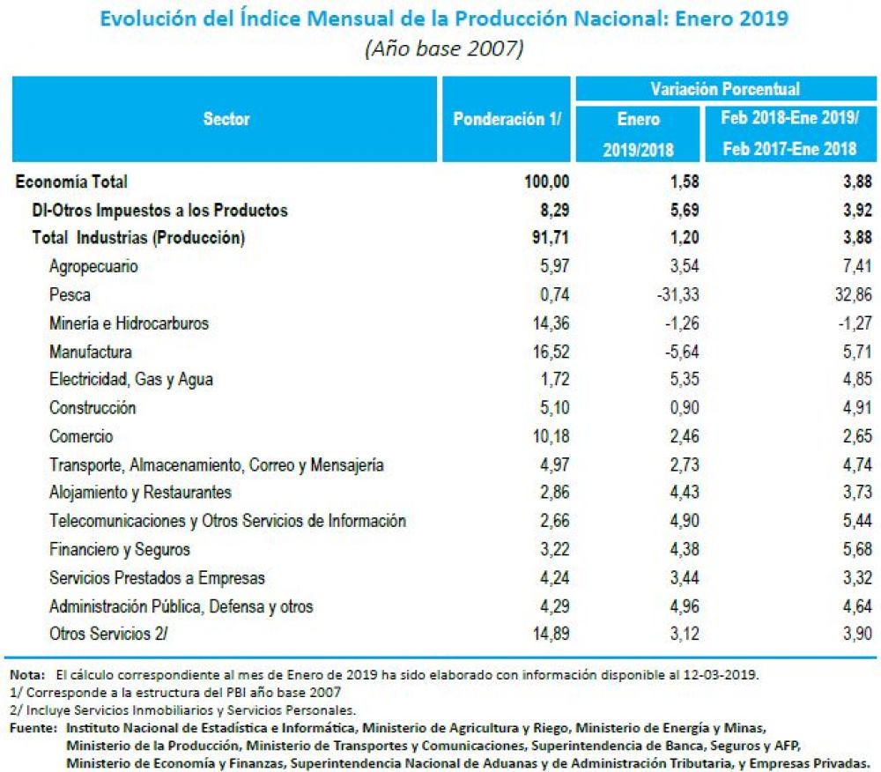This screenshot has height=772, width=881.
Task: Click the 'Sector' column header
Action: click(x=226, y=119)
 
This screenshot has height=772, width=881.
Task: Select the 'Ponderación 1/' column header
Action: click(x=507, y=119)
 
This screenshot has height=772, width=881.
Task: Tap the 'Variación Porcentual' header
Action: click(x=725, y=89)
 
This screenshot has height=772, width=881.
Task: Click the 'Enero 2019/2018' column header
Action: click(x=638, y=134)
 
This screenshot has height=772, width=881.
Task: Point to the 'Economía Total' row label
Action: click(x=71, y=182)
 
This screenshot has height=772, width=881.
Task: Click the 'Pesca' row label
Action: click(x=70, y=294)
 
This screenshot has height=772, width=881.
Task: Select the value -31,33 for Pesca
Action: click(x=677, y=294)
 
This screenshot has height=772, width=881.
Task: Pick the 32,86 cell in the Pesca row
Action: click(x=853, y=294)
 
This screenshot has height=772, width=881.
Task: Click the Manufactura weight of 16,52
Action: click(x=551, y=352)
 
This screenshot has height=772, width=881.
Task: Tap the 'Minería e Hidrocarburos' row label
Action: click(x=129, y=323)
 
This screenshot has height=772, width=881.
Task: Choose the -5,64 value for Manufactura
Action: click(x=682, y=352)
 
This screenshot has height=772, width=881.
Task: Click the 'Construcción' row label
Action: click(x=93, y=407)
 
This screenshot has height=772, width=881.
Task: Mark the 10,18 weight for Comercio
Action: click(x=551, y=436)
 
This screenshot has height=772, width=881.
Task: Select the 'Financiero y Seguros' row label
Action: click(x=120, y=549)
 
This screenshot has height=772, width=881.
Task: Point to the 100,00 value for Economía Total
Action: click(x=547, y=182)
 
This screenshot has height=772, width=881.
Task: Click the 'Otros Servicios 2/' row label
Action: click(x=108, y=634)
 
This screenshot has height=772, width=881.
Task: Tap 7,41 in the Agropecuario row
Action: click(x=857, y=266)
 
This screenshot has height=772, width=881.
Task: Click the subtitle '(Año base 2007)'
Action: click(x=444, y=48)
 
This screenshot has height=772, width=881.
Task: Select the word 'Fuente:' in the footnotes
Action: click(x=33, y=728)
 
